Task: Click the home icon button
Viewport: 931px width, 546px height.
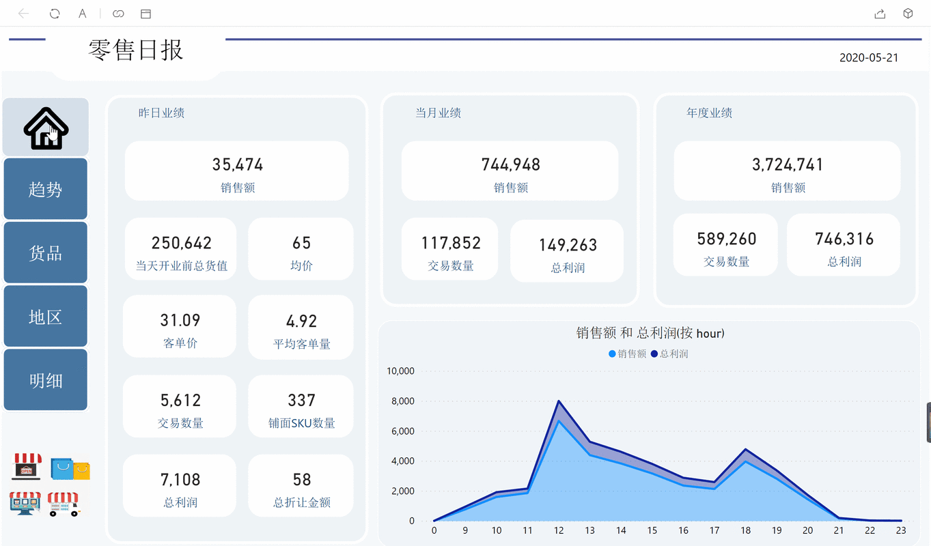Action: pyautogui.click(x=46, y=128)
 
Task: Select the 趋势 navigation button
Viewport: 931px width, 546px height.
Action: pyautogui.click(x=46, y=189)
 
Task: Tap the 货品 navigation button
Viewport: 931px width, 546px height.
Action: pyautogui.click(x=46, y=253)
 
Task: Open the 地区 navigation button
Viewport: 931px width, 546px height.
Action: pyautogui.click(x=46, y=317)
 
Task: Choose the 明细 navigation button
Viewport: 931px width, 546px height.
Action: pyautogui.click(x=46, y=380)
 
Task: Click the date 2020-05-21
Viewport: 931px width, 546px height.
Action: pyautogui.click(x=869, y=58)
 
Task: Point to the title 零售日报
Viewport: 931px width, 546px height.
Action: pyautogui.click(x=136, y=50)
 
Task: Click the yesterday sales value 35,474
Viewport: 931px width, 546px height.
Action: pyautogui.click(x=237, y=164)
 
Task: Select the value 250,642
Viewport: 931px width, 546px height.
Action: pyautogui.click(x=181, y=243)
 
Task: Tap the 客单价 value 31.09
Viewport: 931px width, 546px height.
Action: pyautogui.click(x=180, y=320)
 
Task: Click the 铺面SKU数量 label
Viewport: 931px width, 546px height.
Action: pyautogui.click(x=301, y=423)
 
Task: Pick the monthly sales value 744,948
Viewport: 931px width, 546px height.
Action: pyautogui.click(x=510, y=164)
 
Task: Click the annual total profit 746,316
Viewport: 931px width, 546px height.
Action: pyautogui.click(x=844, y=239)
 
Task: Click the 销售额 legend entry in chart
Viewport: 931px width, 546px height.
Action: pyautogui.click(x=627, y=354)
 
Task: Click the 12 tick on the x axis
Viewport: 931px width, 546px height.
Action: pyautogui.click(x=559, y=530)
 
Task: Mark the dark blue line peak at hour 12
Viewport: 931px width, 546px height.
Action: pyautogui.click(x=559, y=401)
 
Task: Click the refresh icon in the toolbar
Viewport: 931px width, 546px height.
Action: pyautogui.click(x=55, y=14)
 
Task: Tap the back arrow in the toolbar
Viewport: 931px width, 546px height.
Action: pyautogui.click(x=23, y=14)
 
